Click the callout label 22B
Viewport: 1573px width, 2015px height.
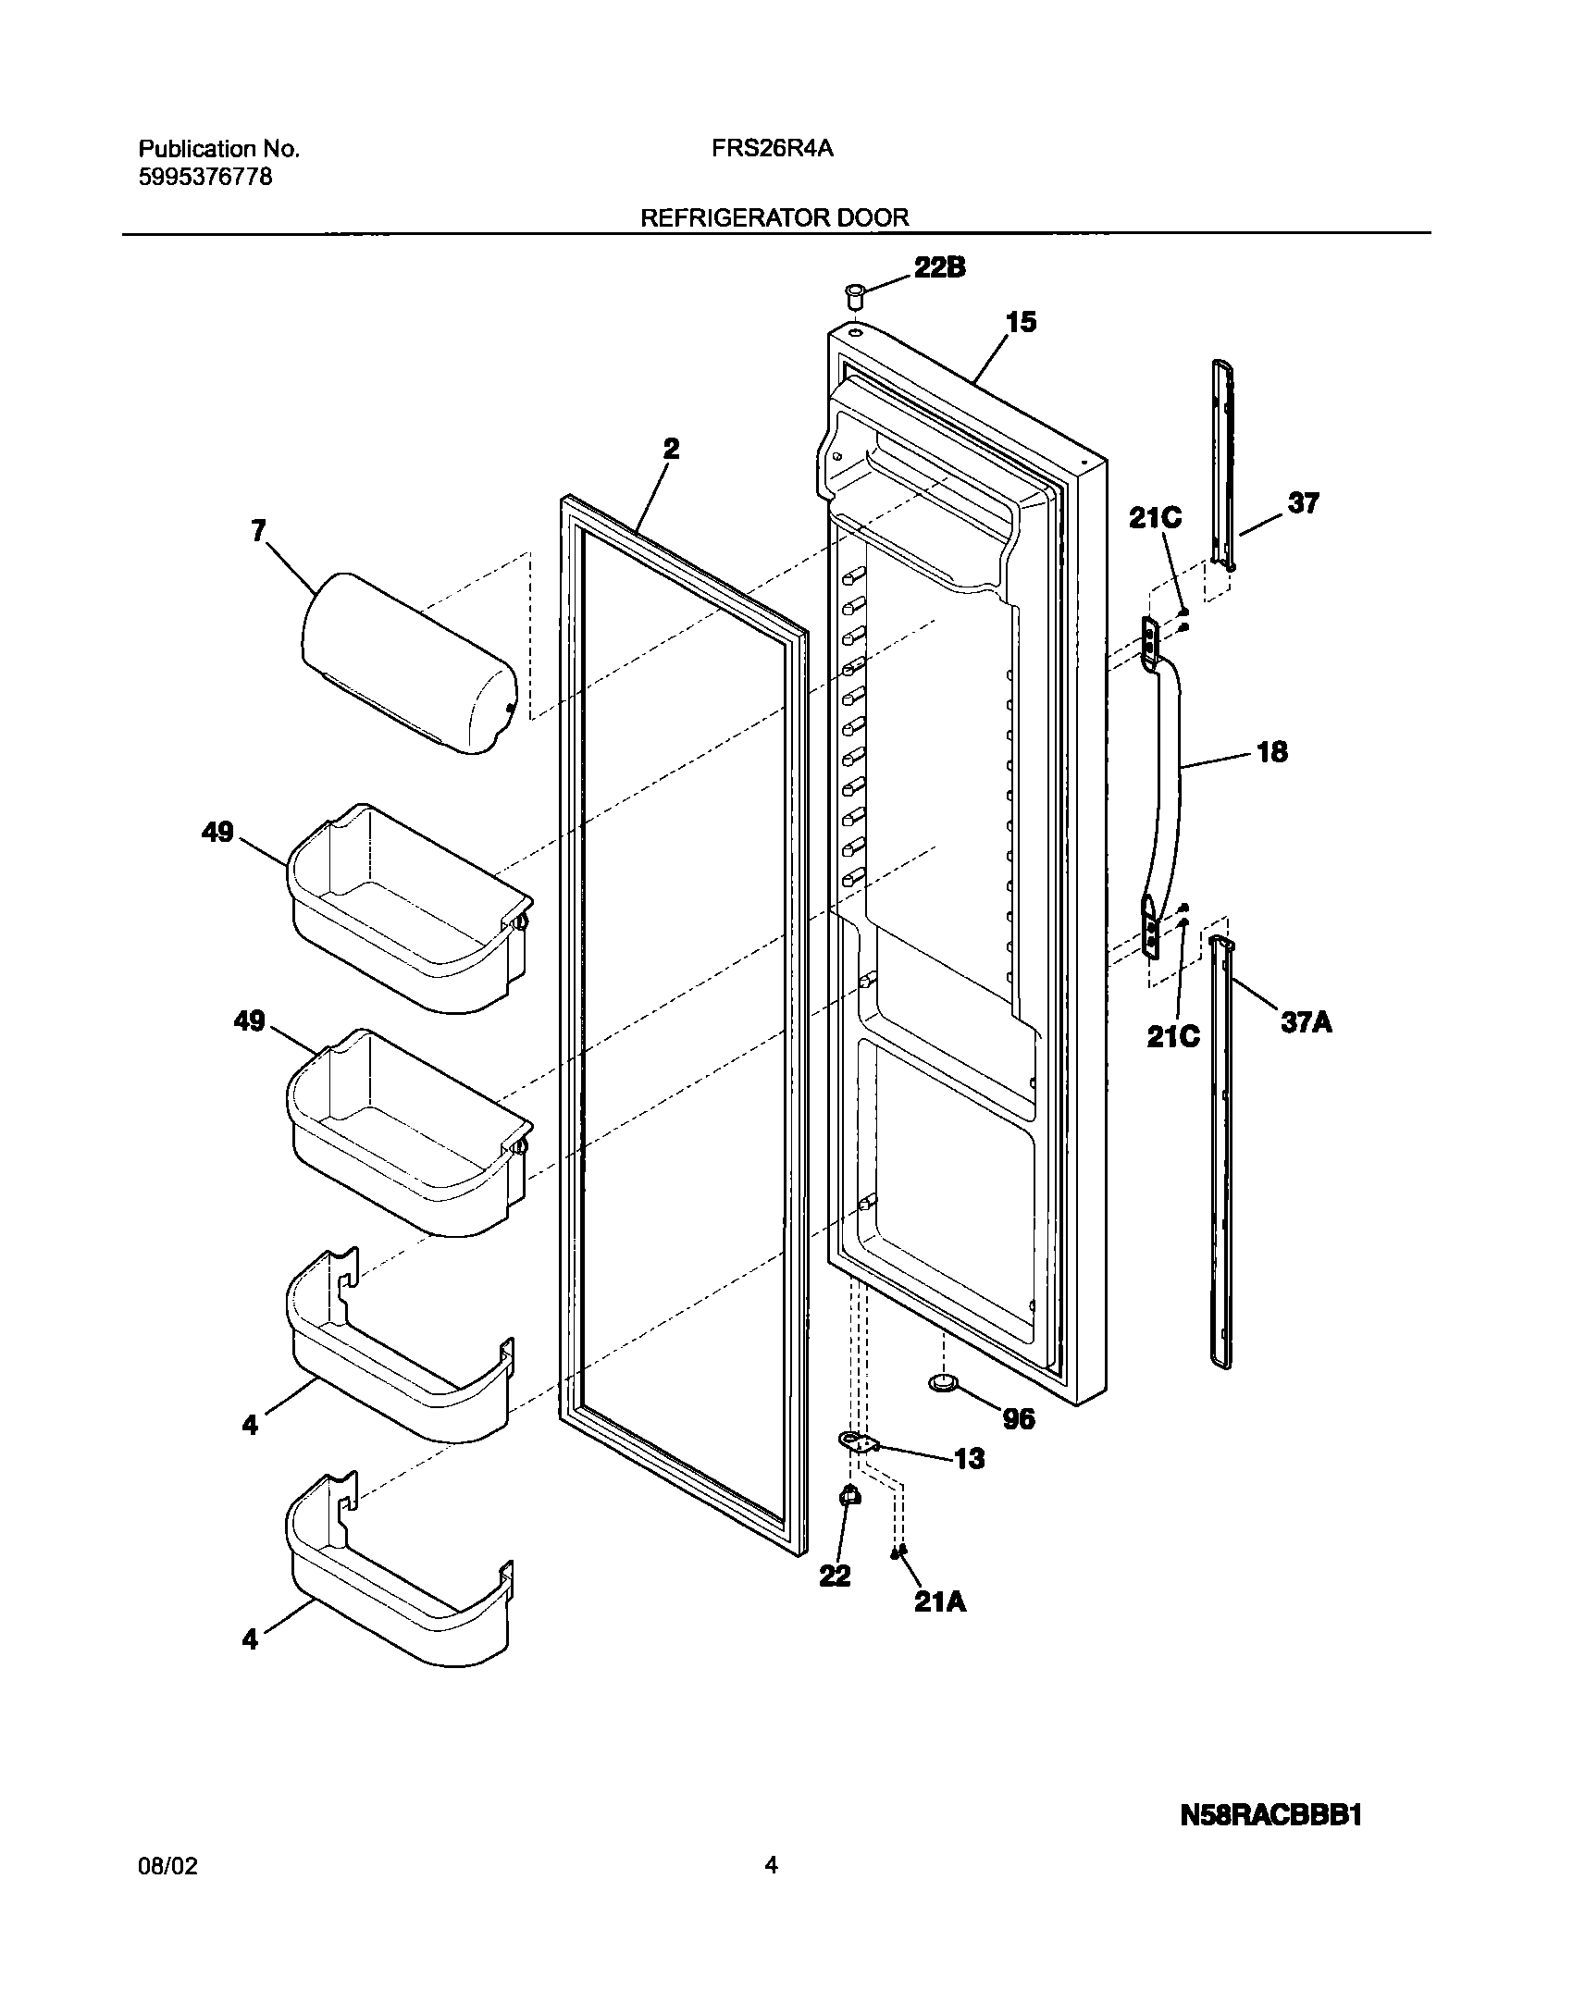[x=940, y=267]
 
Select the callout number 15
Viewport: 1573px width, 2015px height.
[x=1022, y=323]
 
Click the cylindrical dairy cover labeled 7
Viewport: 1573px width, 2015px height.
[x=408, y=664]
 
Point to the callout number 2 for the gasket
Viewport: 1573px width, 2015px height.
[x=671, y=450]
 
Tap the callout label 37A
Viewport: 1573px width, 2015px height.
[x=1307, y=1022]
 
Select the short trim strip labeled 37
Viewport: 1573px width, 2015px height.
[x=1223, y=464]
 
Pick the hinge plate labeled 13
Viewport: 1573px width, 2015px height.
[x=858, y=1442]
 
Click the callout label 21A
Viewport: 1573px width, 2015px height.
[x=940, y=1601]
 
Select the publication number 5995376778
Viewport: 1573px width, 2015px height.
[x=205, y=177]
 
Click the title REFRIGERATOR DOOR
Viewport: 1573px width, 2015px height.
[x=774, y=217]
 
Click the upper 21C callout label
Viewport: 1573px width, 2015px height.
[x=1155, y=519]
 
